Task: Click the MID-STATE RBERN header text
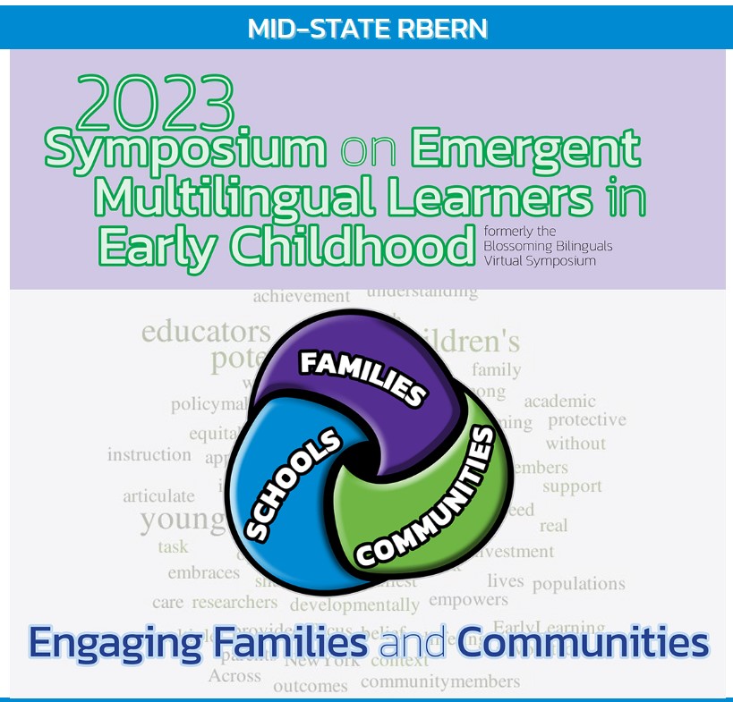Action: (367, 29)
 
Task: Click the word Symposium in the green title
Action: (185, 151)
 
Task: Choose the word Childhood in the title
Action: (376, 244)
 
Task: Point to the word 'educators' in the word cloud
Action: (206, 333)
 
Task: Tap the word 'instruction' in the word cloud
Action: (149, 454)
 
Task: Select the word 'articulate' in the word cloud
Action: (158, 495)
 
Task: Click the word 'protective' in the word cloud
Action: (586, 420)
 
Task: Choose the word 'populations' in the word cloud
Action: (578, 585)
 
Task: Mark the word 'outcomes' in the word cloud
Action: (310, 686)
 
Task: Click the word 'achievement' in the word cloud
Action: (302, 296)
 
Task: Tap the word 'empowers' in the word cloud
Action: (468, 600)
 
